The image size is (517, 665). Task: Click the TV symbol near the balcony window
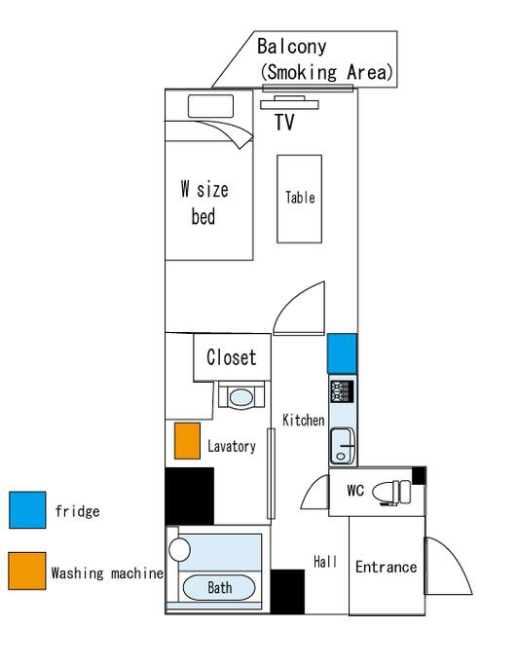click(x=289, y=102)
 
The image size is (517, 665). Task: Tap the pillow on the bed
click(x=210, y=106)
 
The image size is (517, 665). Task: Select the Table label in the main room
click(x=300, y=198)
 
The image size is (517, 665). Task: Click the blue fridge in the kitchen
click(x=342, y=353)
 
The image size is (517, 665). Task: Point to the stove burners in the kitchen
click(x=342, y=391)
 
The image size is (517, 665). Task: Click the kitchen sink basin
click(x=342, y=445)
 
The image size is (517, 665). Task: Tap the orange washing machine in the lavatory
click(x=188, y=441)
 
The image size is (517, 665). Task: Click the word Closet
click(x=232, y=357)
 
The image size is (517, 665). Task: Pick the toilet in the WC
click(x=391, y=492)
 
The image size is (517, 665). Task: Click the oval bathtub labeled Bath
click(x=219, y=588)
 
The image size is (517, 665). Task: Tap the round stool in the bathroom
click(x=179, y=550)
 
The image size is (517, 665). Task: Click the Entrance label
click(x=386, y=567)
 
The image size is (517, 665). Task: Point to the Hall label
click(x=325, y=562)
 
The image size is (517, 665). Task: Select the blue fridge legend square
click(x=27, y=510)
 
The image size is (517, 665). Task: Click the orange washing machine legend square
click(x=27, y=571)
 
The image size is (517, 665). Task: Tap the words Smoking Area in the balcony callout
click(x=326, y=72)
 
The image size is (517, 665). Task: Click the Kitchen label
click(x=303, y=421)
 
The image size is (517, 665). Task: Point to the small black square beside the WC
click(x=419, y=475)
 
